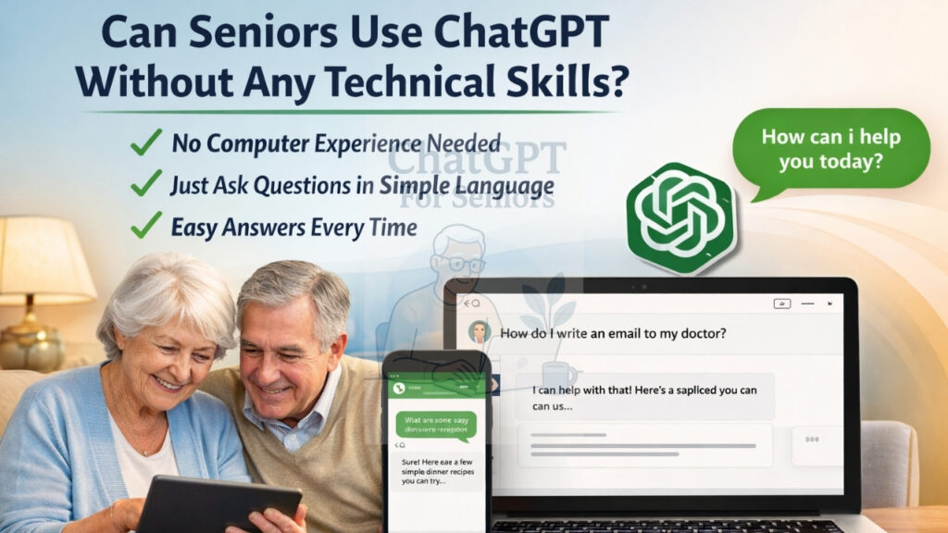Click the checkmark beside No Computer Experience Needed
(146, 143)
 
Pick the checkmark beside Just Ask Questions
(146, 184)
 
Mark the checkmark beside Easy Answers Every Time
(146, 225)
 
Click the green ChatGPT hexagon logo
(680, 217)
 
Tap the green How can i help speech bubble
(830, 148)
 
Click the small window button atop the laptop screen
(782, 303)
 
